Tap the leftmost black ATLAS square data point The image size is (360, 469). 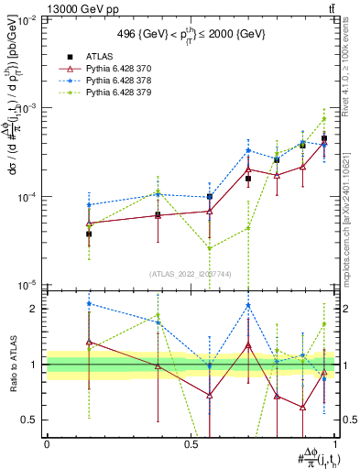pos(89,234)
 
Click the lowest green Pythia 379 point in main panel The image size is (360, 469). pos(210,248)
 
